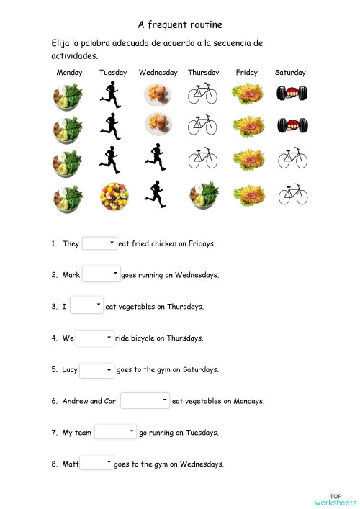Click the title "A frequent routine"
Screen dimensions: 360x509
(179, 24)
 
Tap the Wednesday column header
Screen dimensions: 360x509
(158, 73)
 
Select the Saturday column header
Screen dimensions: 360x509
(290, 73)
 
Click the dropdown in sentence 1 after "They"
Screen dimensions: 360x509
(99, 243)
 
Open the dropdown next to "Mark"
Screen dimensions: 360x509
(102, 274)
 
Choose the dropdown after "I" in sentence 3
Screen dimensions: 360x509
(87, 306)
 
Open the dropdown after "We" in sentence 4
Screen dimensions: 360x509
(95, 338)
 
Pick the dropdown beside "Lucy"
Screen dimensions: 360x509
(96, 370)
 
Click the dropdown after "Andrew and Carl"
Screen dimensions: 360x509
(145, 400)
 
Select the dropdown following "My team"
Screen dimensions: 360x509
(115, 432)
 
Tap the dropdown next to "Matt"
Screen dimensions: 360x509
(96, 464)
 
